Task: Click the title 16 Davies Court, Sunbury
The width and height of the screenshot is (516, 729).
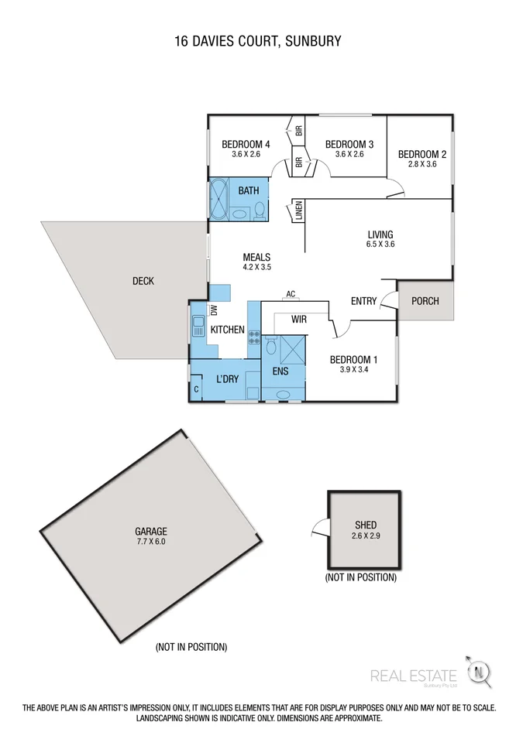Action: coord(258,40)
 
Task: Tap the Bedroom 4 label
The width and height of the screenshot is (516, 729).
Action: coord(245,144)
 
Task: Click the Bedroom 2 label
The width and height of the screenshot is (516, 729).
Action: coord(421,154)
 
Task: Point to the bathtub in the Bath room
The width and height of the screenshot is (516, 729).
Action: coord(218,200)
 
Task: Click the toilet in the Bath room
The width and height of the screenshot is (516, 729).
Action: coord(260,210)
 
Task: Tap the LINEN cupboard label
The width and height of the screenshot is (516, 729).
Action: coord(298,212)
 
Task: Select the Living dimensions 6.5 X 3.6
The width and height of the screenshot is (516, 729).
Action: coord(380,245)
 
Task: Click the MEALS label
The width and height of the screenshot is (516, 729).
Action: coord(256,257)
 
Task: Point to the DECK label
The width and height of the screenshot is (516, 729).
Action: coord(143,281)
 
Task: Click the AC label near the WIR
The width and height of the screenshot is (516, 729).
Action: coord(291,294)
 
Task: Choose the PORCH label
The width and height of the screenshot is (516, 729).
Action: coord(425,301)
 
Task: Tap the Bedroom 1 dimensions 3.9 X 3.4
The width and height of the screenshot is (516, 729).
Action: coord(353,370)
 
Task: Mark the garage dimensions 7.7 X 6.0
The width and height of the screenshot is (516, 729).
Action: coord(150,542)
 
